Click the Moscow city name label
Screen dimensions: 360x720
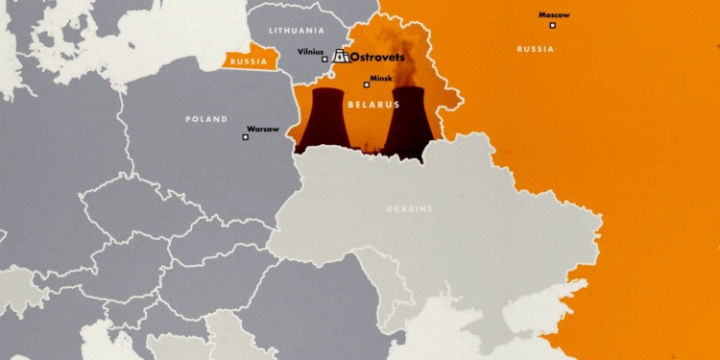point(554,15)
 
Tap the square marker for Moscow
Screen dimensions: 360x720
point(552,25)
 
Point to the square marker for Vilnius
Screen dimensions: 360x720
point(324,60)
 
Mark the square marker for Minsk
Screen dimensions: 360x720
point(366,84)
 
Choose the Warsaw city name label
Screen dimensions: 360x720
point(263,128)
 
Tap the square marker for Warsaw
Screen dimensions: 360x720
point(245,137)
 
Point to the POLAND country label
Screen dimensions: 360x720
point(206,119)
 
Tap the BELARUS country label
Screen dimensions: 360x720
point(370,101)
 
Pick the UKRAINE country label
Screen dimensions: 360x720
point(410,208)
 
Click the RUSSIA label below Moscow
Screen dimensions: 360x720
point(535,48)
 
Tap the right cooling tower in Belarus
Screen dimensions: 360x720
point(409,120)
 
